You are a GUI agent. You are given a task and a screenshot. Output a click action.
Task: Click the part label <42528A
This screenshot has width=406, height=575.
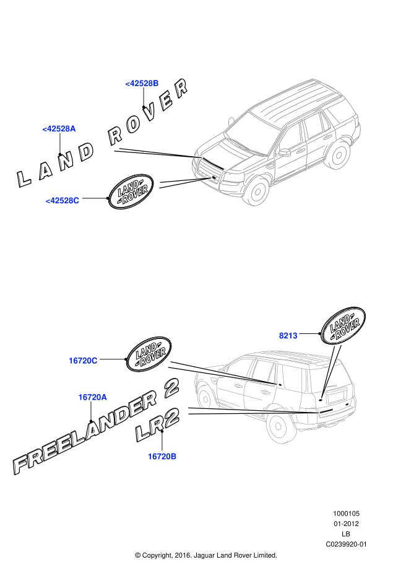click(x=59, y=129)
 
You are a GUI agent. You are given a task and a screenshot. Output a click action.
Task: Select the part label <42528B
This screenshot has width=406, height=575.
click(x=142, y=83)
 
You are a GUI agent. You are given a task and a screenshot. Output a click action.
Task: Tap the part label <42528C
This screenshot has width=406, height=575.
click(x=63, y=200)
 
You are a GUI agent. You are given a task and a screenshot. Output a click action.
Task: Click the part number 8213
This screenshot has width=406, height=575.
click(x=288, y=335)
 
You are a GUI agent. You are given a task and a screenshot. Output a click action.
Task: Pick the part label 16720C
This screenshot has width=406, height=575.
click(x=83, y=360)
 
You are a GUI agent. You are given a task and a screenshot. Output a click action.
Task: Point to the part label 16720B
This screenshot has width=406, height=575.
click(x=162, y=456)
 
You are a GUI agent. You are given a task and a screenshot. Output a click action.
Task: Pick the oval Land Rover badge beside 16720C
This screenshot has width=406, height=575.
click(x=149, y=355)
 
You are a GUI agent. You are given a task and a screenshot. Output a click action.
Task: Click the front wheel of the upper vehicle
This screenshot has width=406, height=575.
click(x=256, y=190)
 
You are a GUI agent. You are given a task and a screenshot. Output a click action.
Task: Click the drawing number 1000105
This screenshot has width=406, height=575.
click(x=347, y=514)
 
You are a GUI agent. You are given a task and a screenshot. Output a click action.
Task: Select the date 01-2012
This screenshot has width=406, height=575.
click(x=347, y=524)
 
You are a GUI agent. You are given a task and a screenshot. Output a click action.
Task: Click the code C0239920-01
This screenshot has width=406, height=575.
click(x=347, y=544)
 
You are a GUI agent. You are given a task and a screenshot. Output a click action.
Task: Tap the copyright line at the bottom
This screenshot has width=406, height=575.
click(x=205, y=555)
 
